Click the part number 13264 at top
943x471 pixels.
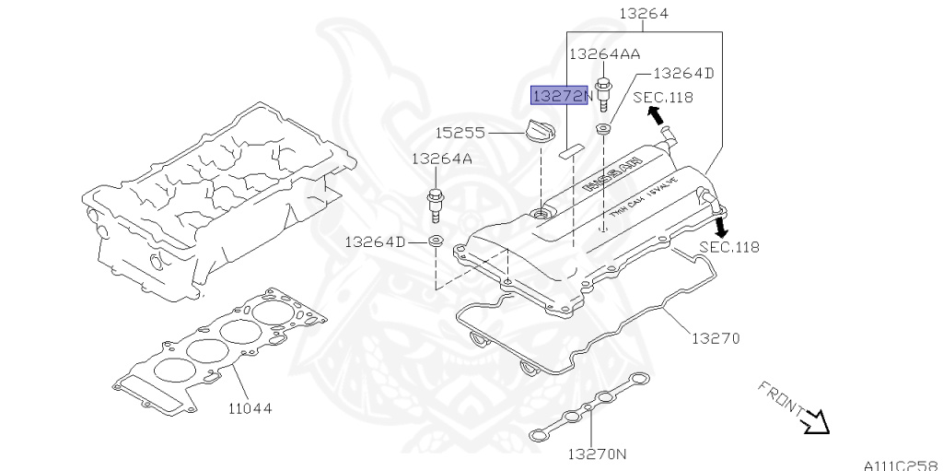coord(644,14)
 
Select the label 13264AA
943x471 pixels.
coord(604,53)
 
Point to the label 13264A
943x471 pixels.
coord(441,159)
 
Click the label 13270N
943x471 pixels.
coord(596,453)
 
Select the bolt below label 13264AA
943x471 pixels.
coord(604,93)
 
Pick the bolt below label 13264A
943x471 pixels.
coord(436,205)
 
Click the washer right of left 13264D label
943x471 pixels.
coord(437,242)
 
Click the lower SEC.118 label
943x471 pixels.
coord(729,246)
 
